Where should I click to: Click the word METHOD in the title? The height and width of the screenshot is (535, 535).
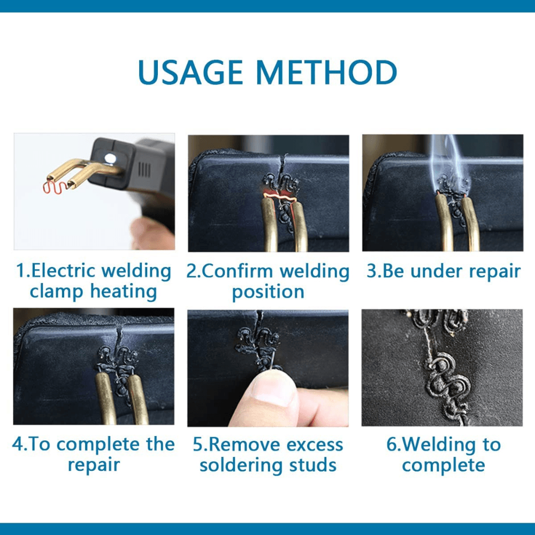326,72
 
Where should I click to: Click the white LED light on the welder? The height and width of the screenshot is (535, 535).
110,158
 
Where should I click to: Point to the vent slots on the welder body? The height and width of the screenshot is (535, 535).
144,170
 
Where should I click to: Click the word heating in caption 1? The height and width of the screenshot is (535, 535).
123,292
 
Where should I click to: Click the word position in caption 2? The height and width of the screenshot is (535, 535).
268,293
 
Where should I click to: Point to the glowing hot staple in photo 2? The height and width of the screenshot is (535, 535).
279,197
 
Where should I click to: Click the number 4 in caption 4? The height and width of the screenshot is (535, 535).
17,444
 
